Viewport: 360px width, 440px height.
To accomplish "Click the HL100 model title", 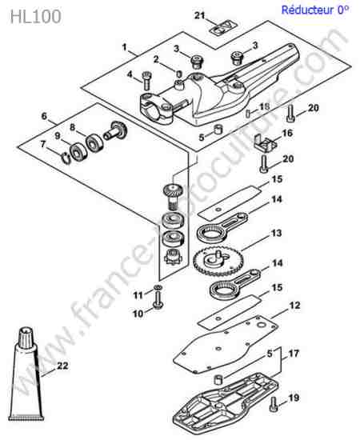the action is [x=36, y=17].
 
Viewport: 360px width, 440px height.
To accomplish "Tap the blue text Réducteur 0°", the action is [x=315, y=10].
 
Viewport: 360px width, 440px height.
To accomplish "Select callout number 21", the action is [x=199, y=15].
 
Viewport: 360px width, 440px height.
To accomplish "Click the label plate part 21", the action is [x=225, y=28].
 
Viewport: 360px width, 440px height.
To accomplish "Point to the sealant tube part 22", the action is [x=26, y=374].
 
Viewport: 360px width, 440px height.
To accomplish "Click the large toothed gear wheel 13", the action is [x=218, y=262].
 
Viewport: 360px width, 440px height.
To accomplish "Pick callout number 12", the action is [x=294, y=306].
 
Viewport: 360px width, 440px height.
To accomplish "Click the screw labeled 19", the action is [x=274, y=404].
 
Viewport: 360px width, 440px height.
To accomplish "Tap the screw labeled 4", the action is [x=146, y=81].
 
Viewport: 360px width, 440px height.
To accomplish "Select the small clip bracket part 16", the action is [x=265, y=143].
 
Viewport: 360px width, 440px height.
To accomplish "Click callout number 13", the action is [x=276, y=233].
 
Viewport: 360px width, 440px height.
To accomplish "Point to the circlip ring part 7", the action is [x=66, y=159].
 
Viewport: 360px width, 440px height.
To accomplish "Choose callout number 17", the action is [x=293, y=354].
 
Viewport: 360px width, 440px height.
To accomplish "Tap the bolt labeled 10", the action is [x=158, y=301].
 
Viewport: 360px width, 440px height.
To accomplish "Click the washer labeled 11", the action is [x=158, y=287].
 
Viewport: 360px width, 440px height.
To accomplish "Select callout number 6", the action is [x=44, y=116].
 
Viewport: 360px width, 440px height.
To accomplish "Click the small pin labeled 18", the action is [x=248, y=114].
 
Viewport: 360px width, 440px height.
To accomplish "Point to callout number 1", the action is [x=125, y=47].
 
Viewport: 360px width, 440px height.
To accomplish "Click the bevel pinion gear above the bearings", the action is [x=173, y=197].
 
